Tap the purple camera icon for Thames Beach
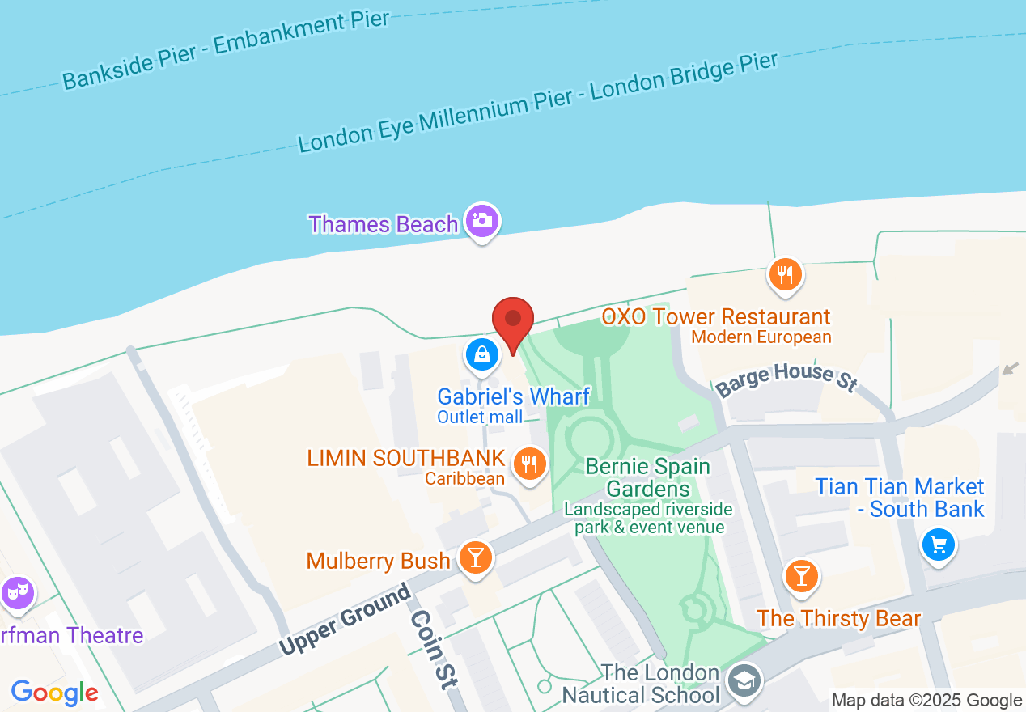pos(482,221)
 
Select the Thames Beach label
pos(384,224)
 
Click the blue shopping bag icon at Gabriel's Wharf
pos(482,355)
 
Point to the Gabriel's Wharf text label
pos(513,396)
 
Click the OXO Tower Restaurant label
pos(715,316)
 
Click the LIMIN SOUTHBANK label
pos(405,459)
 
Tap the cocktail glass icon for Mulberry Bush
pos(475,557)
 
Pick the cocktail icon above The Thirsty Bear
pos(801,576)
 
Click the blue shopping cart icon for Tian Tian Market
pos(939,545)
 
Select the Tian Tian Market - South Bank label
pos(899,498)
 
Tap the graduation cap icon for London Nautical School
pos(743,680)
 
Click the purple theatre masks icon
pos(16,593)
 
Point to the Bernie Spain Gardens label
pos(647,477)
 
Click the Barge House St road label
pos(786,378)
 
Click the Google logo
pos(54,693)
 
